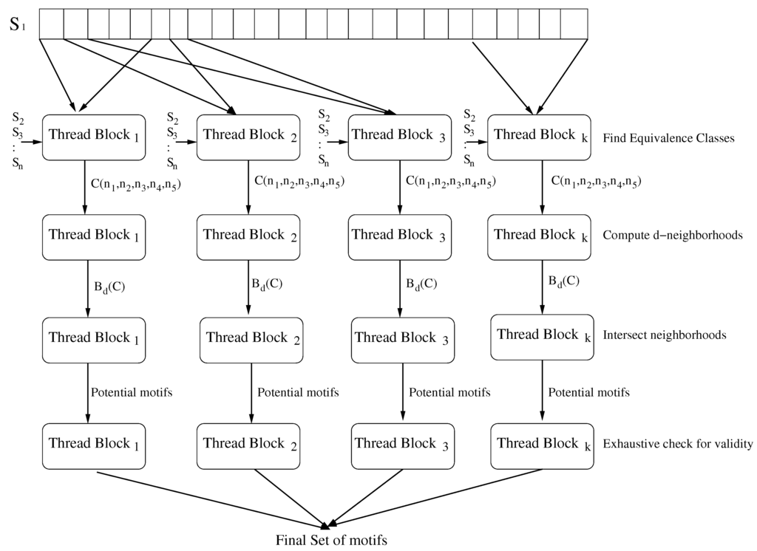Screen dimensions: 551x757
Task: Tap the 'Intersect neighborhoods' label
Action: [665, 335]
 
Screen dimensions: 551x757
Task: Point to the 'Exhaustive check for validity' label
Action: [678, 444]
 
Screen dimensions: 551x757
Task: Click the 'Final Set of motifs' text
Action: [331, 539]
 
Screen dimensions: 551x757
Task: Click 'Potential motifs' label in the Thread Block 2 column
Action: [298, 392]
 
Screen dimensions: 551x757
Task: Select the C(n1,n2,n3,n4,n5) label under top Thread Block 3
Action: [451, 182]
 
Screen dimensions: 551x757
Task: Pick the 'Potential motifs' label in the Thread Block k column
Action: [588, 392]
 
